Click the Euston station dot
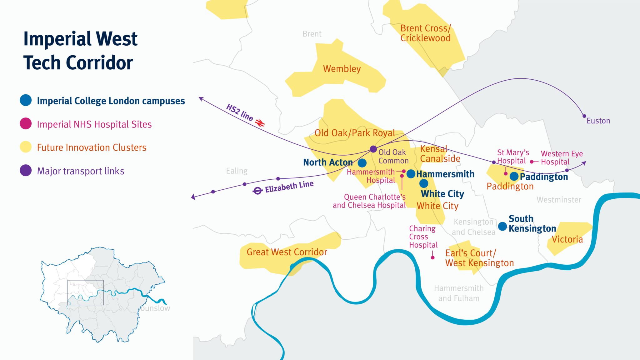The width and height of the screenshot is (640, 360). coord(584,116)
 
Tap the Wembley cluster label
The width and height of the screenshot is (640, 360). coord(342,69)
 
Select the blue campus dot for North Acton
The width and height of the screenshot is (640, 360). coord(362,163)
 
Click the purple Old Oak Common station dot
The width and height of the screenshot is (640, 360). coord(373,149)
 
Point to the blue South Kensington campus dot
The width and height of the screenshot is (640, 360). coord(502,226)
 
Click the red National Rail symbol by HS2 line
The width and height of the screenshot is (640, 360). coord(260,122)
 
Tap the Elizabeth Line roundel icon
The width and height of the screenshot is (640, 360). coord(257,191)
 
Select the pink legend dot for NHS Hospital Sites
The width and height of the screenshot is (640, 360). coord(26,124)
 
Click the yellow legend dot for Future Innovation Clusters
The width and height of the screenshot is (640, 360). coord(26,147)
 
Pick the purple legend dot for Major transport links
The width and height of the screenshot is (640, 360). coord(26,171)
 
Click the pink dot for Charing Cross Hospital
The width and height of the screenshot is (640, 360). coord(432,257)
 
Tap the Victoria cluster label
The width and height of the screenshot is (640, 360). coord(567,239)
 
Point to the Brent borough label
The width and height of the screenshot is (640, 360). coord(312,34)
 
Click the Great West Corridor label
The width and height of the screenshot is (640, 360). coord(287,252)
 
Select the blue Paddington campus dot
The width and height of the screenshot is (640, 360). coord(514,176)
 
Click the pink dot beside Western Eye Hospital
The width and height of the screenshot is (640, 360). coord(532,162)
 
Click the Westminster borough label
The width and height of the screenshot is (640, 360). coord(559,200)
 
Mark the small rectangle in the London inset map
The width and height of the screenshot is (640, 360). coord(85,292)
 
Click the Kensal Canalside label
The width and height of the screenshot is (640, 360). coord(440,154)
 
